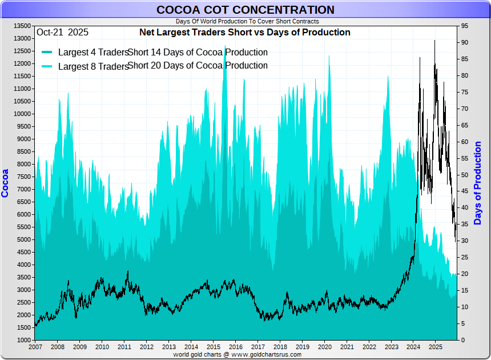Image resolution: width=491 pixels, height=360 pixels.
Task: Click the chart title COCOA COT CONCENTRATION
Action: (246, 10)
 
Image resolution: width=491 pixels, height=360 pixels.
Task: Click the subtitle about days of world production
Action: (247, 21)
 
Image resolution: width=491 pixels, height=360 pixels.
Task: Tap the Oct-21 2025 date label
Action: (62, 33)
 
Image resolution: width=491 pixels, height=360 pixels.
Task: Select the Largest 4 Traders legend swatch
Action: (47, 53)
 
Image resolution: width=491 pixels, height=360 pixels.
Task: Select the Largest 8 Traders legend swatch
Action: (47, 66)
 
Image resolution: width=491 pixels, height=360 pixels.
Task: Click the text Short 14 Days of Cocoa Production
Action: (198, 53)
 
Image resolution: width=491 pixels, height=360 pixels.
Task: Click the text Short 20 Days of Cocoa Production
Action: (198, 66)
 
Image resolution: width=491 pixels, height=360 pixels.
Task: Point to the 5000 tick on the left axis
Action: (23, 240)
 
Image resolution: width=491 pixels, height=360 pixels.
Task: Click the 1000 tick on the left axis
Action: (23, 341)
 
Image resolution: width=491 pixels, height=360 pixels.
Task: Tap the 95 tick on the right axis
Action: (465, 26)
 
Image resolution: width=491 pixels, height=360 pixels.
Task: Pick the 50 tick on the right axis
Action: (465, 175)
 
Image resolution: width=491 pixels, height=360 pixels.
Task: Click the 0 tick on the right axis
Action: (463, 341)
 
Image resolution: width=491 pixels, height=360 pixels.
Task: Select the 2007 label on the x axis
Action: (35, 347)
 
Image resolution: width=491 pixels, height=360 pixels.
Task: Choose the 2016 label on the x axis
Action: (235, 347)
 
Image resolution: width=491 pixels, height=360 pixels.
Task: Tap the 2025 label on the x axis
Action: (435, 347)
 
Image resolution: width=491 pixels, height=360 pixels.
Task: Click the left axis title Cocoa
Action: (6, 183)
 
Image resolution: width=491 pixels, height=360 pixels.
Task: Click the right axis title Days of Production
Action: (478, 183)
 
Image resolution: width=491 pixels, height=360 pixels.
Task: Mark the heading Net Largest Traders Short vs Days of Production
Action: (245, 33)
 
